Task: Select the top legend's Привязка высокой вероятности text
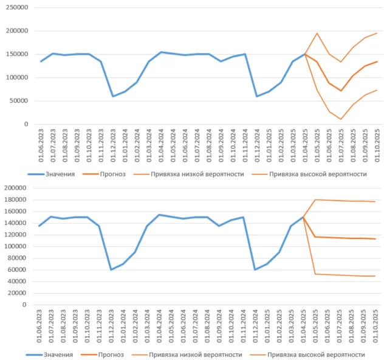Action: [x=318, y=174]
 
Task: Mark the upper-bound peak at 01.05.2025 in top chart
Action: [x=317, y=33]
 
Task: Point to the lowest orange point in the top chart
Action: [x=341, y=119]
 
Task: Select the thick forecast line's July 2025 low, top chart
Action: [x=341, y=91]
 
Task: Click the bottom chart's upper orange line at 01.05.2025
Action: [x=317, y=199]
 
